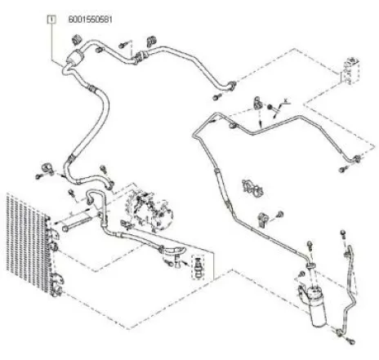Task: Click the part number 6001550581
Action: point(90,20)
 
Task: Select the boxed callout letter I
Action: point(51,20)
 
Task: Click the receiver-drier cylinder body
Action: point(317,306)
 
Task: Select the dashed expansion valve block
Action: point(350,70)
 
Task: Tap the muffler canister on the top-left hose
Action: point(75,57)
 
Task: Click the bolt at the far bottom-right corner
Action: point(351,340)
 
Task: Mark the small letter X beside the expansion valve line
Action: point(286,100)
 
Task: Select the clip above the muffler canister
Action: point(77,40)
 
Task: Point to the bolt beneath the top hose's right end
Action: point(216,97)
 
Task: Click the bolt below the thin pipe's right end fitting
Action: point(343,169)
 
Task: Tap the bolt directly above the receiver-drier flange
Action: point(310,246)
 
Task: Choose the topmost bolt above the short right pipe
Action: point(343,234)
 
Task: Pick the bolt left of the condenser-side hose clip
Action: point(39,176)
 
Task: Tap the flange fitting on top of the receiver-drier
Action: point(310,265)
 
